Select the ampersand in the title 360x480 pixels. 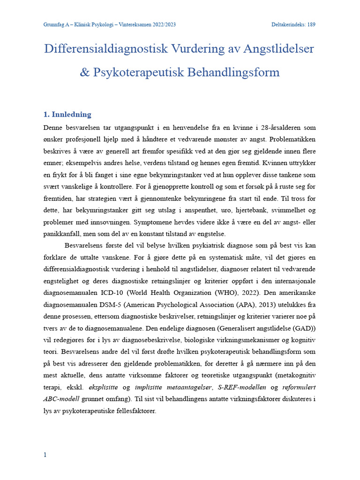pyautogui.click(x=85, y=73)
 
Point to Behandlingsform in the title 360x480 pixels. pyautogui.click(x=233, y=73)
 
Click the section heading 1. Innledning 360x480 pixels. pyautogui.click(x=67, y=114)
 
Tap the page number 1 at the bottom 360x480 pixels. pyautogui.click(x=45, y=455)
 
